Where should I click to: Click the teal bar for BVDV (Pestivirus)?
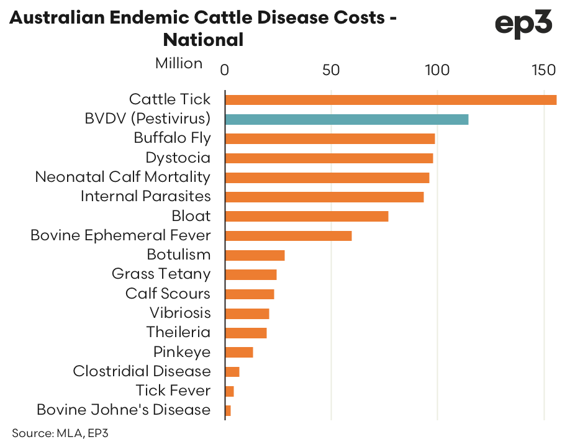click(346, 119)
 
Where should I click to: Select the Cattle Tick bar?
click(391, 100)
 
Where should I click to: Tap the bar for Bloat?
click(307, 216)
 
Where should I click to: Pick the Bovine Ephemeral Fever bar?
click(289, 236)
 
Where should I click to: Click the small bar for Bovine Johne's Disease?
click(228, 410)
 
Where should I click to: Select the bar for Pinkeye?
click(239, 352)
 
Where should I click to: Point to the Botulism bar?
click(255, 255)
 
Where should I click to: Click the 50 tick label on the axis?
click(332, 71)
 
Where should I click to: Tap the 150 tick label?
click(544, 71)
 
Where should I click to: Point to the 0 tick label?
click(225, 71)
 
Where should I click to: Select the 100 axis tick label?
click(437, 71)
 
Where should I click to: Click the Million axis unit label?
click(179, 63)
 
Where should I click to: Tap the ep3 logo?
click(523, 25)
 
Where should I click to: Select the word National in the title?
click(203, 40)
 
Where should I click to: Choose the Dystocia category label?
click(178, 158)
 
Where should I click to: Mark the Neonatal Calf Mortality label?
click(123, 177)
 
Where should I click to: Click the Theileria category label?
click(178, 332)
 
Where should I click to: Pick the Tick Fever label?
click(173, 391)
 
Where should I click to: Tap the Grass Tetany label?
click(161, 274)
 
